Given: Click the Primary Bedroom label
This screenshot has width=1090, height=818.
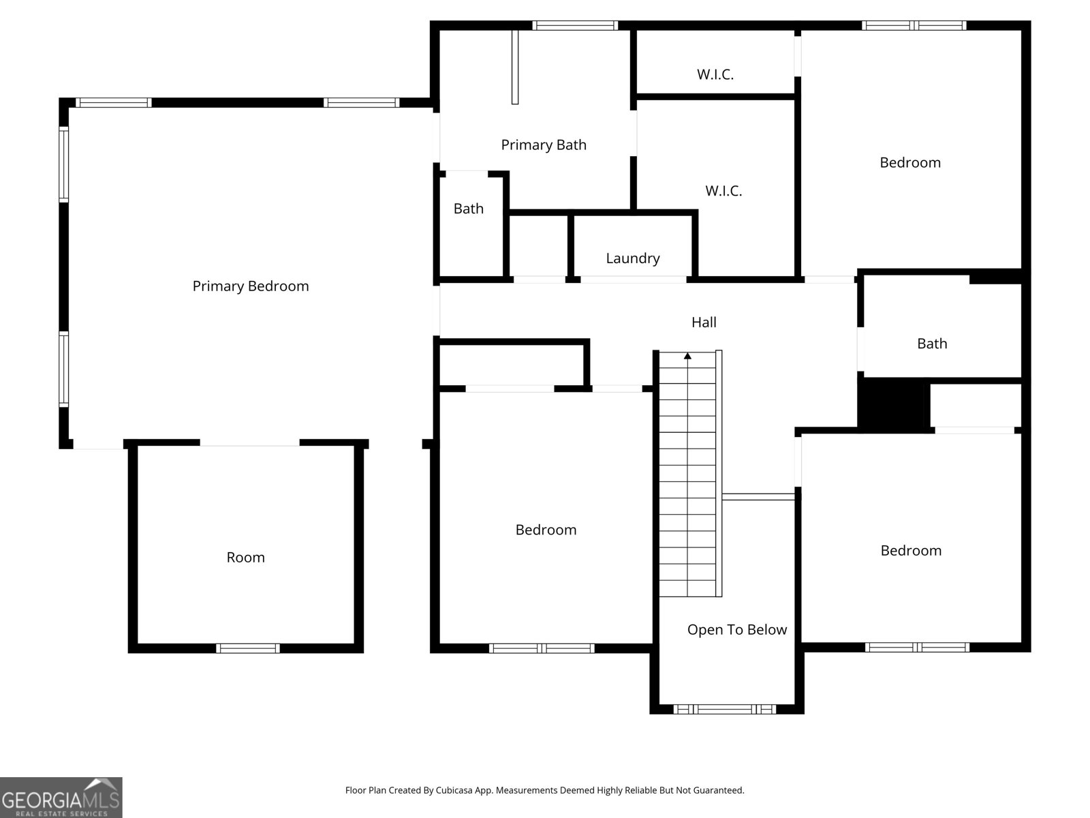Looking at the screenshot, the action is click(x=251, y=286).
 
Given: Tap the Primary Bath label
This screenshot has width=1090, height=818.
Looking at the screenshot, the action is click(x=544, y=145).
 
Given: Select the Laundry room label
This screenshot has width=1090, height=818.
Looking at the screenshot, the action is click(x=633, y=258).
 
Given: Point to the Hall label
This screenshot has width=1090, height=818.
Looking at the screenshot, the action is click(x=704, y=322).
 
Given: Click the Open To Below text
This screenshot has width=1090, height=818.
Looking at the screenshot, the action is click(x=737, y=630).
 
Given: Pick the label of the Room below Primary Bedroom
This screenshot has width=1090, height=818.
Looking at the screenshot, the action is click(x=245, y=557).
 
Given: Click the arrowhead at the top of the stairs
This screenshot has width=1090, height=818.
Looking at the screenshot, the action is click(x=688, y=356).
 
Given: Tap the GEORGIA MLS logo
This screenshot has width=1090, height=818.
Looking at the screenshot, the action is click(x=61, y=798).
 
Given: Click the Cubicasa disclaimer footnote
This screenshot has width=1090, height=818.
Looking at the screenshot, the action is click(x=545, y=790).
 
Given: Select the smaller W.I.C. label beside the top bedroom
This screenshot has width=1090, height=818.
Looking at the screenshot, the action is click(x=715, y=74).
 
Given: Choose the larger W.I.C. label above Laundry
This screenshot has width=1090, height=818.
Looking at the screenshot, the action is click(x=723, y=191).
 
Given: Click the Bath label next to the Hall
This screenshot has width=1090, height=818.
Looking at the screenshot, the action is click(x=932, y=344).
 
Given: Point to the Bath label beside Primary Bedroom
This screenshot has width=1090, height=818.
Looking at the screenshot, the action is click(x=468, y=209).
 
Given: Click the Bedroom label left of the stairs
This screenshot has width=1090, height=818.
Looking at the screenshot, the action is click(x=546, y=530).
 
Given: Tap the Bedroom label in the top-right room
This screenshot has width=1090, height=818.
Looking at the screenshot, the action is click(x=910, y=163).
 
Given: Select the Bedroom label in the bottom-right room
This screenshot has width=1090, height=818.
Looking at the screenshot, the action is click(x=911, y=551).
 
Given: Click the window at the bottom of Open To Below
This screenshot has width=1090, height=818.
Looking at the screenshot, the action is click(x=725, y=709).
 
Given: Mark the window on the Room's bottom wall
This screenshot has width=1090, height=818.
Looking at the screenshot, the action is click(x=248, y=648).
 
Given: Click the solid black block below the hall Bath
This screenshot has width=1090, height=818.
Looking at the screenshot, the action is click(x=894, y=405).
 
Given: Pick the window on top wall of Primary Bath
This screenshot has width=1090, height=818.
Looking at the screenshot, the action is click(x=575, y=25).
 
